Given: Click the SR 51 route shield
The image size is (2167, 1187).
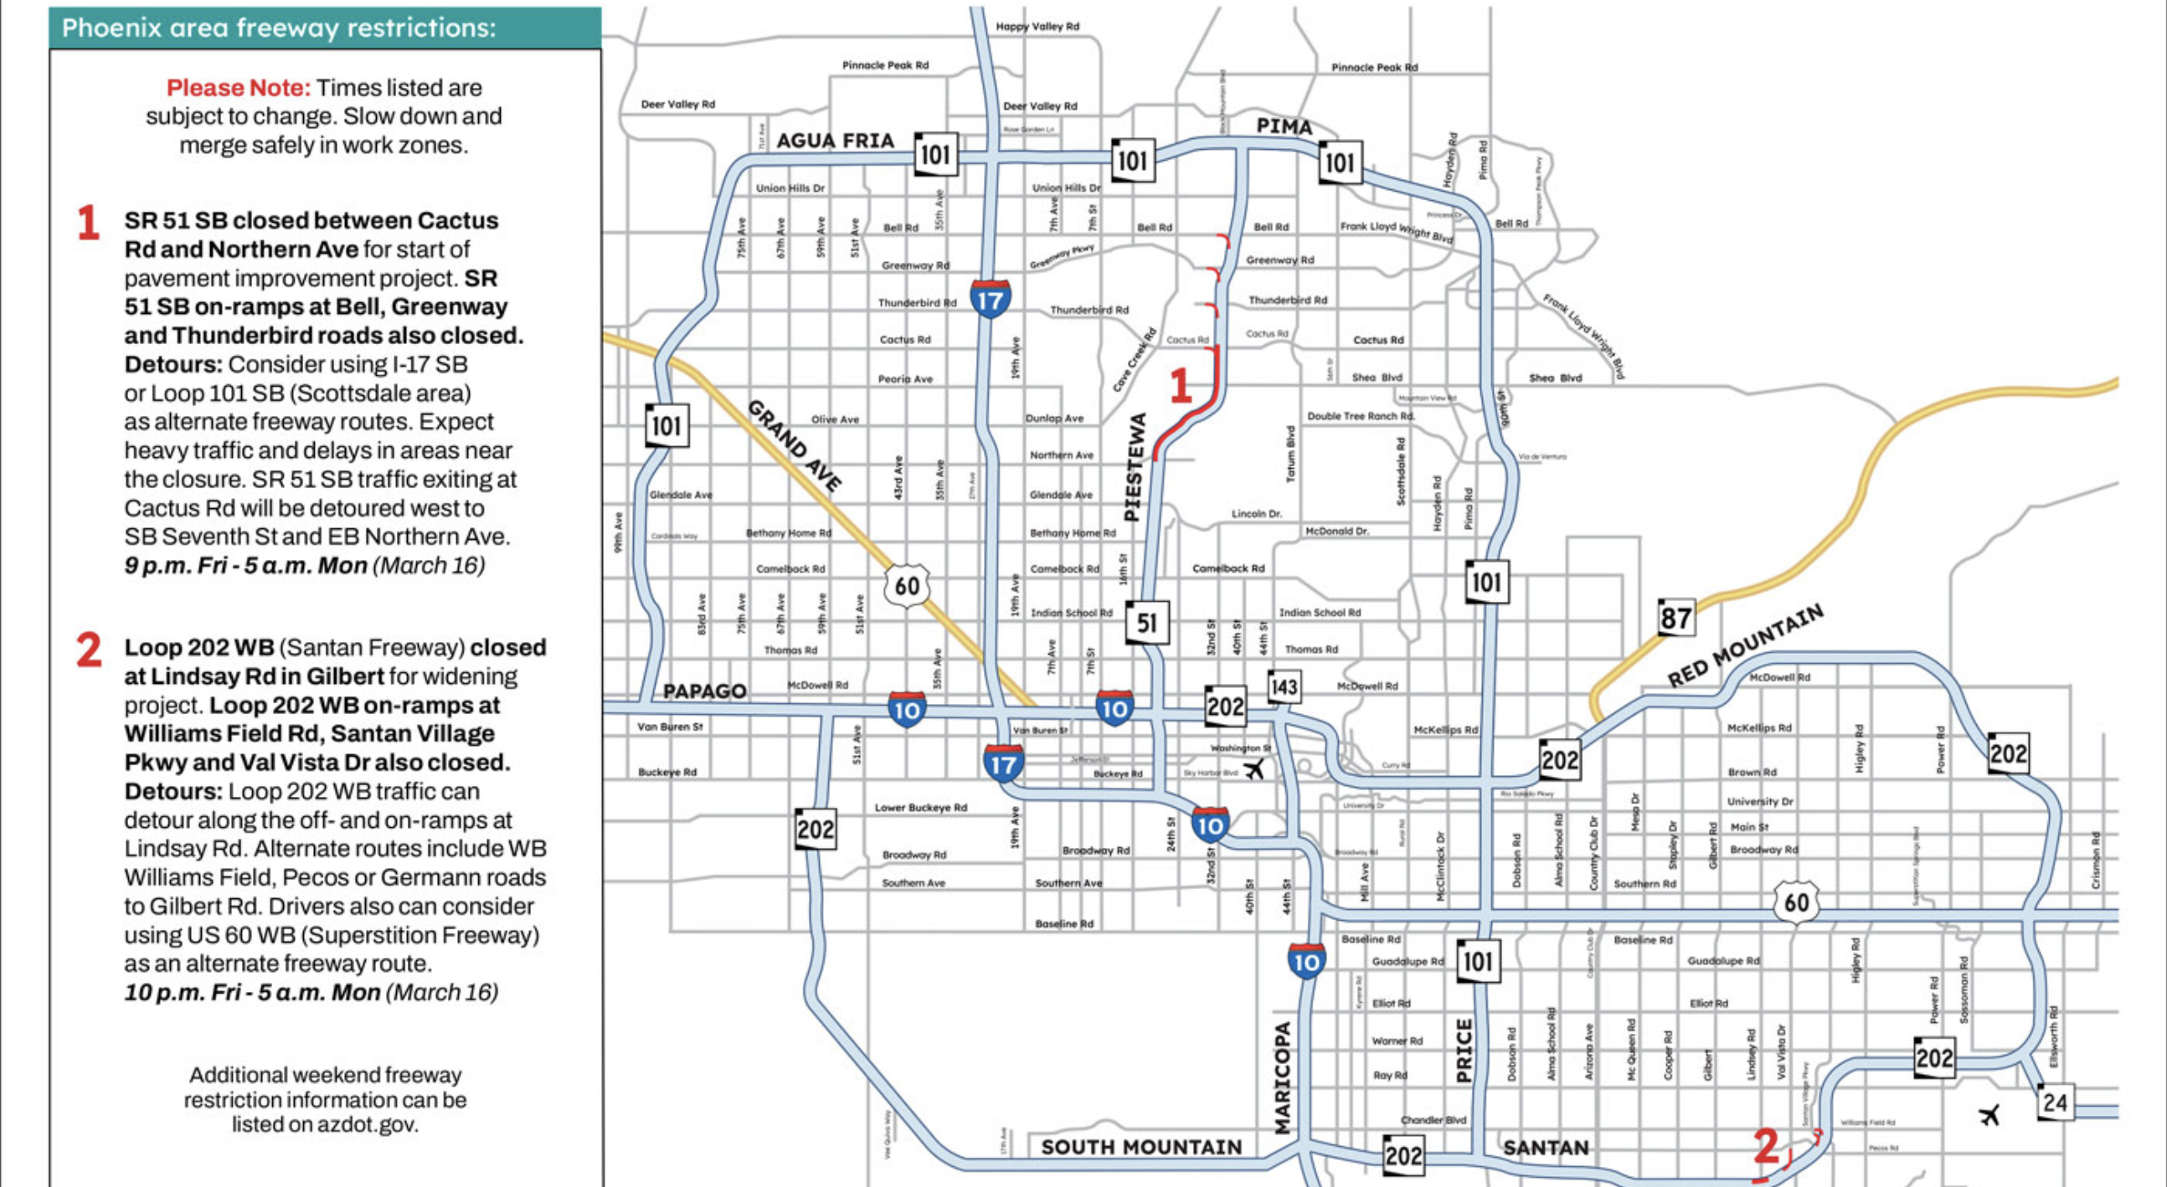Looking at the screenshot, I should [1147, 623].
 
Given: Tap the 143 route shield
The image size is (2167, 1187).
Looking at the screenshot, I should [1284, 687].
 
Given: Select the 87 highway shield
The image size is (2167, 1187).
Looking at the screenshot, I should [1675, 619].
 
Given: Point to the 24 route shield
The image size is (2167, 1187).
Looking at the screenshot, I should [2054, 1102].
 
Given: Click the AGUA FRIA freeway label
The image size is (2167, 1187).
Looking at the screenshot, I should [835, 141].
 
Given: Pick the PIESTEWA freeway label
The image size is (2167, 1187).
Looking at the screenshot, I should [1135, 467].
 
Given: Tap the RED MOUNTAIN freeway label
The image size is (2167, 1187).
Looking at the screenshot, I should [1746, 645].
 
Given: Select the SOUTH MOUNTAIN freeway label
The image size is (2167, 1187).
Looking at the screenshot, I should [1140, 1148].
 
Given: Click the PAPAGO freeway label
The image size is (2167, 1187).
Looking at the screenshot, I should [704, 691].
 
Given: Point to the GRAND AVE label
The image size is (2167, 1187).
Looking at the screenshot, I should [795, 446].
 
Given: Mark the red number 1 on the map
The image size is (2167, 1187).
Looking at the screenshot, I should [1181, 386].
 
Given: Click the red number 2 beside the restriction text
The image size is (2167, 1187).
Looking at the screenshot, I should [89, 650].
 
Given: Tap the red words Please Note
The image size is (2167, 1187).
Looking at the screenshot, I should [238, 88].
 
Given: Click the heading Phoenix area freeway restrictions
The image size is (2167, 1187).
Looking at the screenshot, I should [279, 28].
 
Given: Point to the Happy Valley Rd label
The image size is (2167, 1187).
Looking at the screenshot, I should [1037, 27].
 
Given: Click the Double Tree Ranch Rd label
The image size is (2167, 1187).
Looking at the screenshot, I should [1361, 416].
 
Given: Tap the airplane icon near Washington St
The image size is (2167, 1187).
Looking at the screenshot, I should [1254, 769].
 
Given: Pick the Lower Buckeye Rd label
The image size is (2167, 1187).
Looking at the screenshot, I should [920, 808].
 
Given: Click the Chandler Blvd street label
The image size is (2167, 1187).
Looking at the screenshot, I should [1433, 1120].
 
